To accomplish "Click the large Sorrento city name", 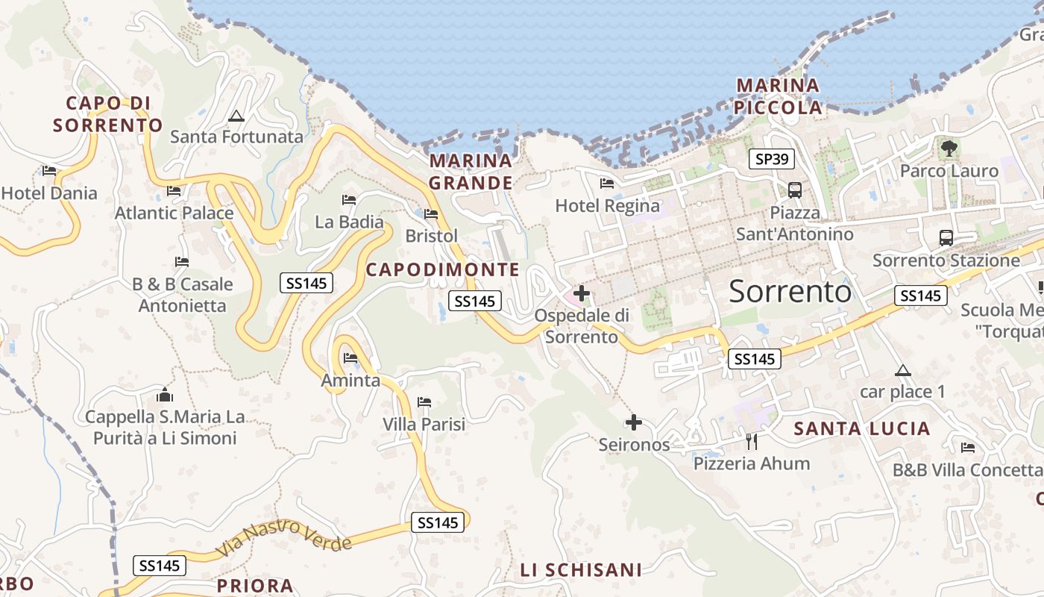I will point(790,291).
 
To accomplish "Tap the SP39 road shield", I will point(772,159).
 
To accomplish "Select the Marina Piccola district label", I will point(778,96).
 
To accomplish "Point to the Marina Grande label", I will point(471,172).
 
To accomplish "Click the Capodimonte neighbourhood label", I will point(442,269).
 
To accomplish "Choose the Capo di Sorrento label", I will point(107,114).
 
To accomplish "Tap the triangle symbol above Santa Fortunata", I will point(236,116).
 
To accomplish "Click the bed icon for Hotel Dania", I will point(49,171).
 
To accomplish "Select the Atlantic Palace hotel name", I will point(174,213).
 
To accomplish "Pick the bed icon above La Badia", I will point(348,200).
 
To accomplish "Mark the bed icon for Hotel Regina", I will point(607,183).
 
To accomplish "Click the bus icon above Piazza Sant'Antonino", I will point(795,190).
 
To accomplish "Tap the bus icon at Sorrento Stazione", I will point(946,238).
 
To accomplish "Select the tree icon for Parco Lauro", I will point(949,149).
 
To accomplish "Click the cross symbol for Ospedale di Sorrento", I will point(582,293).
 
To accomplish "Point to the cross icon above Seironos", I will point(634,423).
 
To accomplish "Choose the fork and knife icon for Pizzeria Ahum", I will point(752,442).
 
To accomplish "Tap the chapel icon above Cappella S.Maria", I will point(165,394).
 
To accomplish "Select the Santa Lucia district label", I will point(861,428).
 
